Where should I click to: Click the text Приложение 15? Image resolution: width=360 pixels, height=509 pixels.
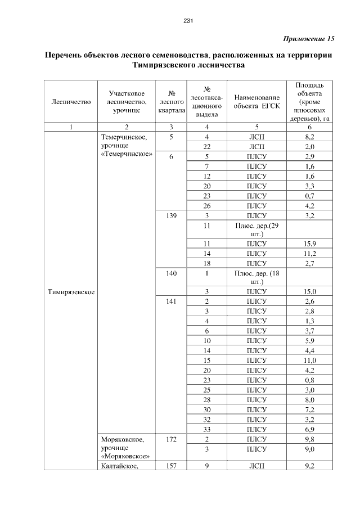[x=307, y=39]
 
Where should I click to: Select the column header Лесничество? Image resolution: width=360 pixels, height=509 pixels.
[x=71, y=102]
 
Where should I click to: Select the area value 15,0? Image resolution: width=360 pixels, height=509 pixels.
[x=309, y=291]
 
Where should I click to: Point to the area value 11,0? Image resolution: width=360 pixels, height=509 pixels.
[x=309, y=360]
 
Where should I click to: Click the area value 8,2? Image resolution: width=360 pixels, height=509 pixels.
[x=309, y=137]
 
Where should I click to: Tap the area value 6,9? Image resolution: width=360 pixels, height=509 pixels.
[x=309, y=429]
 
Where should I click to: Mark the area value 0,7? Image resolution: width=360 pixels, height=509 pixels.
[x=309, y=196]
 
